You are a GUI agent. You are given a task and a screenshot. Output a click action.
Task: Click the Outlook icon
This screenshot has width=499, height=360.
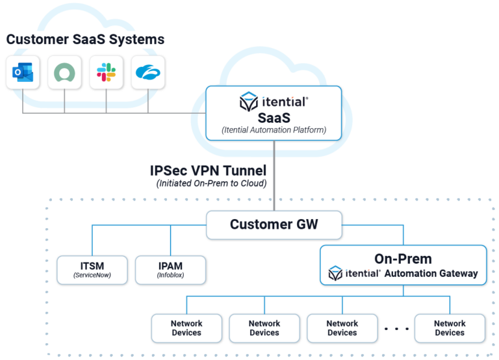[23, 72]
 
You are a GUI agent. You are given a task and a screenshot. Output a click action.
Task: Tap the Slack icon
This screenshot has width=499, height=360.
[107, 72]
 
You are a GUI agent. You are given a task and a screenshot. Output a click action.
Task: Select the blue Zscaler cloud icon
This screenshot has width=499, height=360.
[148, 72]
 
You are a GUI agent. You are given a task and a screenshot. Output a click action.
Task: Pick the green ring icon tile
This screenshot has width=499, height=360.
[64, 73]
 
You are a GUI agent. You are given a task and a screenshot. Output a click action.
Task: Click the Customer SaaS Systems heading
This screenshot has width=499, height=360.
[85, 40]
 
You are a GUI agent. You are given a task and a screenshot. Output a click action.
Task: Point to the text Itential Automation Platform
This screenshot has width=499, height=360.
[274, 130]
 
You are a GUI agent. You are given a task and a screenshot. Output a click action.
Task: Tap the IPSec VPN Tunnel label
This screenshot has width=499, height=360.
[208, 171]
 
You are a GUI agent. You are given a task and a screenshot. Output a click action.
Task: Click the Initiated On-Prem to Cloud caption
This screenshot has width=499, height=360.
[211, 183]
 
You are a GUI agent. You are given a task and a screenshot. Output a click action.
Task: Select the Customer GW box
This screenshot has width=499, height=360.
[274, 225]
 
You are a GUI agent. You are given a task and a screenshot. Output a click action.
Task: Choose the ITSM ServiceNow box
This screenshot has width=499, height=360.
[92, 270]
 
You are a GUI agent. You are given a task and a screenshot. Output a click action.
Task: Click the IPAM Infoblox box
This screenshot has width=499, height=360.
[171, 270]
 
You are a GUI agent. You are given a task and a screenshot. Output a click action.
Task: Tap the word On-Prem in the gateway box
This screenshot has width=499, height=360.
[403, 259]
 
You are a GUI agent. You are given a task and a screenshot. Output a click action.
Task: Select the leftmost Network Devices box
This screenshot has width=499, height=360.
[186, 328]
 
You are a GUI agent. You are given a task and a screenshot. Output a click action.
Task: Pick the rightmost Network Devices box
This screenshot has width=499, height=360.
[450, 328]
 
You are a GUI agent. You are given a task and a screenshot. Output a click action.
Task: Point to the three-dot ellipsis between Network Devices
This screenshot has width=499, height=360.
[396, 329]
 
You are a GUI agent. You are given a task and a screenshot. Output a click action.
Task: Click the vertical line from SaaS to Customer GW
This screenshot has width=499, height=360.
[274, 175]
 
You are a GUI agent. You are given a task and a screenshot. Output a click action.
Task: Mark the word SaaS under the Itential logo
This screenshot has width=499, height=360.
[274, 118]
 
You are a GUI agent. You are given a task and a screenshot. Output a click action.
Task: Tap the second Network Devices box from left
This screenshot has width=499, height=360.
[264, 328]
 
